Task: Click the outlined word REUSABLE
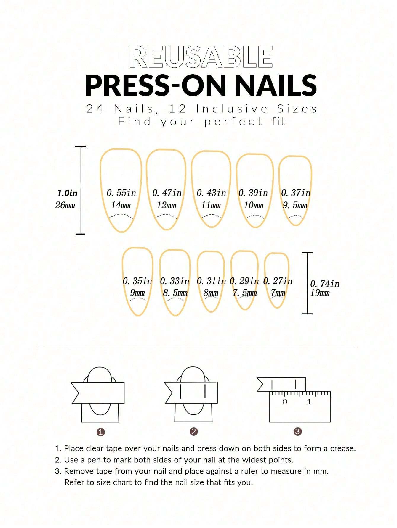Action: [x=201, y=57]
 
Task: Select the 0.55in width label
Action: [x=121, y=193]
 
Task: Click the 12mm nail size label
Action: [x=167, y=205]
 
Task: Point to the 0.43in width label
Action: [x=211, y=193]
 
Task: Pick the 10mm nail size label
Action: [x=254, y=205]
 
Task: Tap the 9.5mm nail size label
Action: [x=295, y=205]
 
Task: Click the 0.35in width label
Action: [x=137, y=281]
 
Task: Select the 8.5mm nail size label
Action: [x=175, y=293]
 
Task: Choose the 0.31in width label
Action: [x=211, y=281]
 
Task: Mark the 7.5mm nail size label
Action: [x=245, y=293]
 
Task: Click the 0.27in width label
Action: [x=278, y=281]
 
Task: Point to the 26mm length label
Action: [x=65, y=205]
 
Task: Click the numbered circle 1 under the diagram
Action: [x=101, y=432]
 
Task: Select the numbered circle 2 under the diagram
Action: [x=193, y=432]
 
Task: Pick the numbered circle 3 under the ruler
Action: [x=297, y=432]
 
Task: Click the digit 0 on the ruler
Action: [x=285, y=402]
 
